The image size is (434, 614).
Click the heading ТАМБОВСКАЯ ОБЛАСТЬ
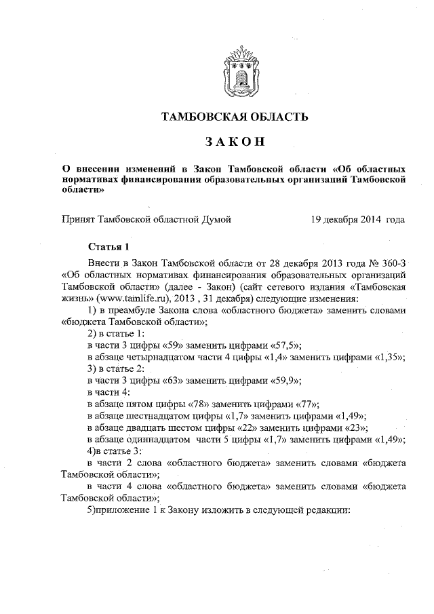(x=234, y=117)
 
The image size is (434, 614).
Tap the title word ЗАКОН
(x=234, y=142)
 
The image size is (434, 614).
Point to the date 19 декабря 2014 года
(x=358, y=219)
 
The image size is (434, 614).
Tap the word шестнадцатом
(x=166, y=415)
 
